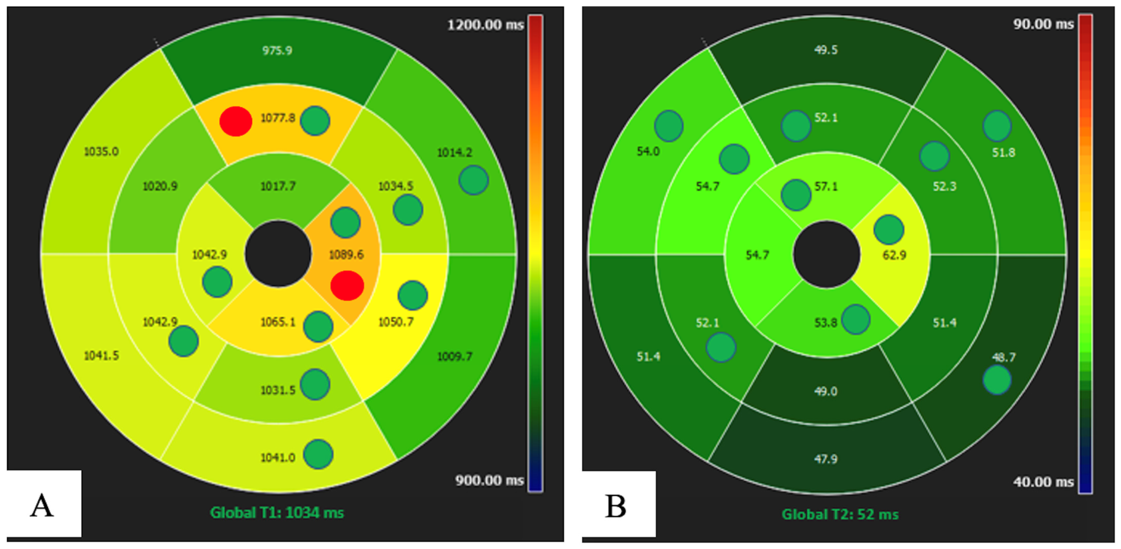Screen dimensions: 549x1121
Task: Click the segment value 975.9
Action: pyautogui.click(x=277, y=51)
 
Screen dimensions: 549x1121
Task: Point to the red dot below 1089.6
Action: pyautogui.click(x=347, y=286)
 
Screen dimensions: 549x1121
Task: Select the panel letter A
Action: pyautogui.click(x=42, y=506)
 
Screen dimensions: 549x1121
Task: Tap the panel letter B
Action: pyautogui.click(x=615, y=507)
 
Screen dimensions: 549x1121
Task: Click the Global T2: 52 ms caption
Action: pyautogui.click(x=840, y=514)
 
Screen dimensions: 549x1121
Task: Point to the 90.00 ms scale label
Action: pyautogui.click(x=1044, y=24)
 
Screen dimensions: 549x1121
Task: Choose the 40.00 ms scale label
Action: pyautogui.click(x=1044, y=482)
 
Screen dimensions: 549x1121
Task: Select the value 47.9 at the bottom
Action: pyautogui.click(x=826, y=459)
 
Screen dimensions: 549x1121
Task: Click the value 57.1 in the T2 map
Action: pyautogui.click(x=826, y=186)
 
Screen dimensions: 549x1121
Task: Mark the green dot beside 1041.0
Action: pyautogui.click(x=318, y=454)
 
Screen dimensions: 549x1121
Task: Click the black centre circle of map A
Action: pyautogui.click(x=278, y=254)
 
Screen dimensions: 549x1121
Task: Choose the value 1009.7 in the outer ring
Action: pyautogui.click(x=454, y=356)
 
